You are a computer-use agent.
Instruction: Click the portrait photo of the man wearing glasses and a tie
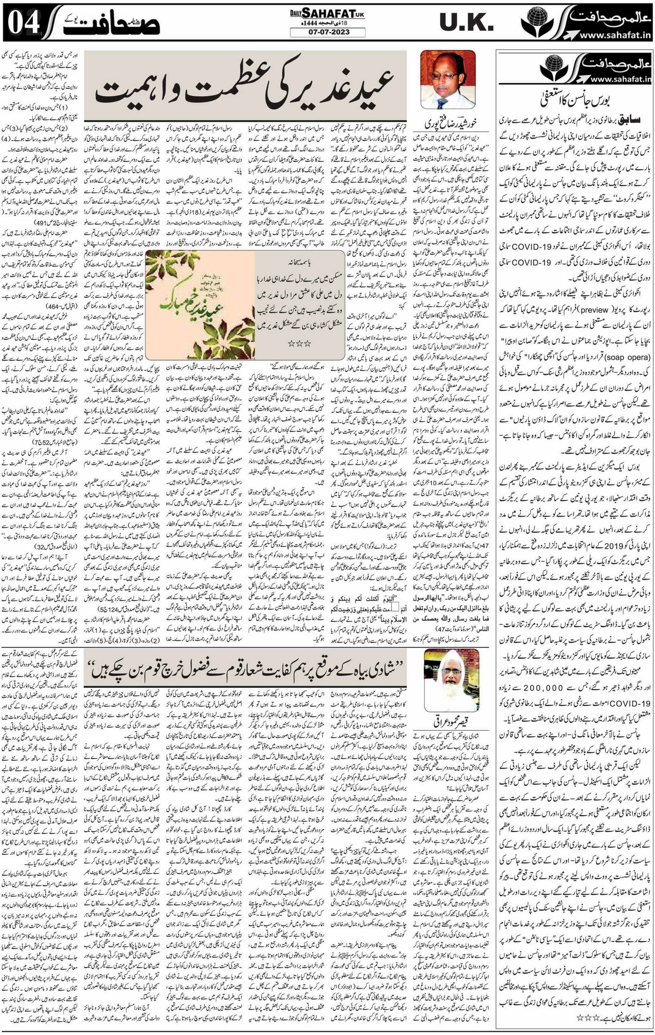coord(448,80)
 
